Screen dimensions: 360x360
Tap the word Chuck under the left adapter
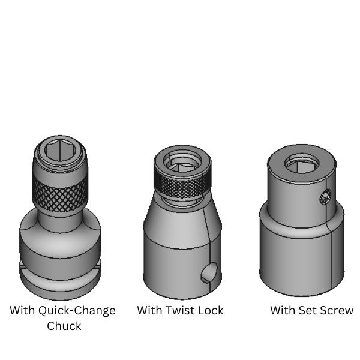[64, 326]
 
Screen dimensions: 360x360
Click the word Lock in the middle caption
[211, 311]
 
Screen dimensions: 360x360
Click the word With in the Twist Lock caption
[150, 311]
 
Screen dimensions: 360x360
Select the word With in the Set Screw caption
[283, 311]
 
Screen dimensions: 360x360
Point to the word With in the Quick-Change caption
[23, 311]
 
